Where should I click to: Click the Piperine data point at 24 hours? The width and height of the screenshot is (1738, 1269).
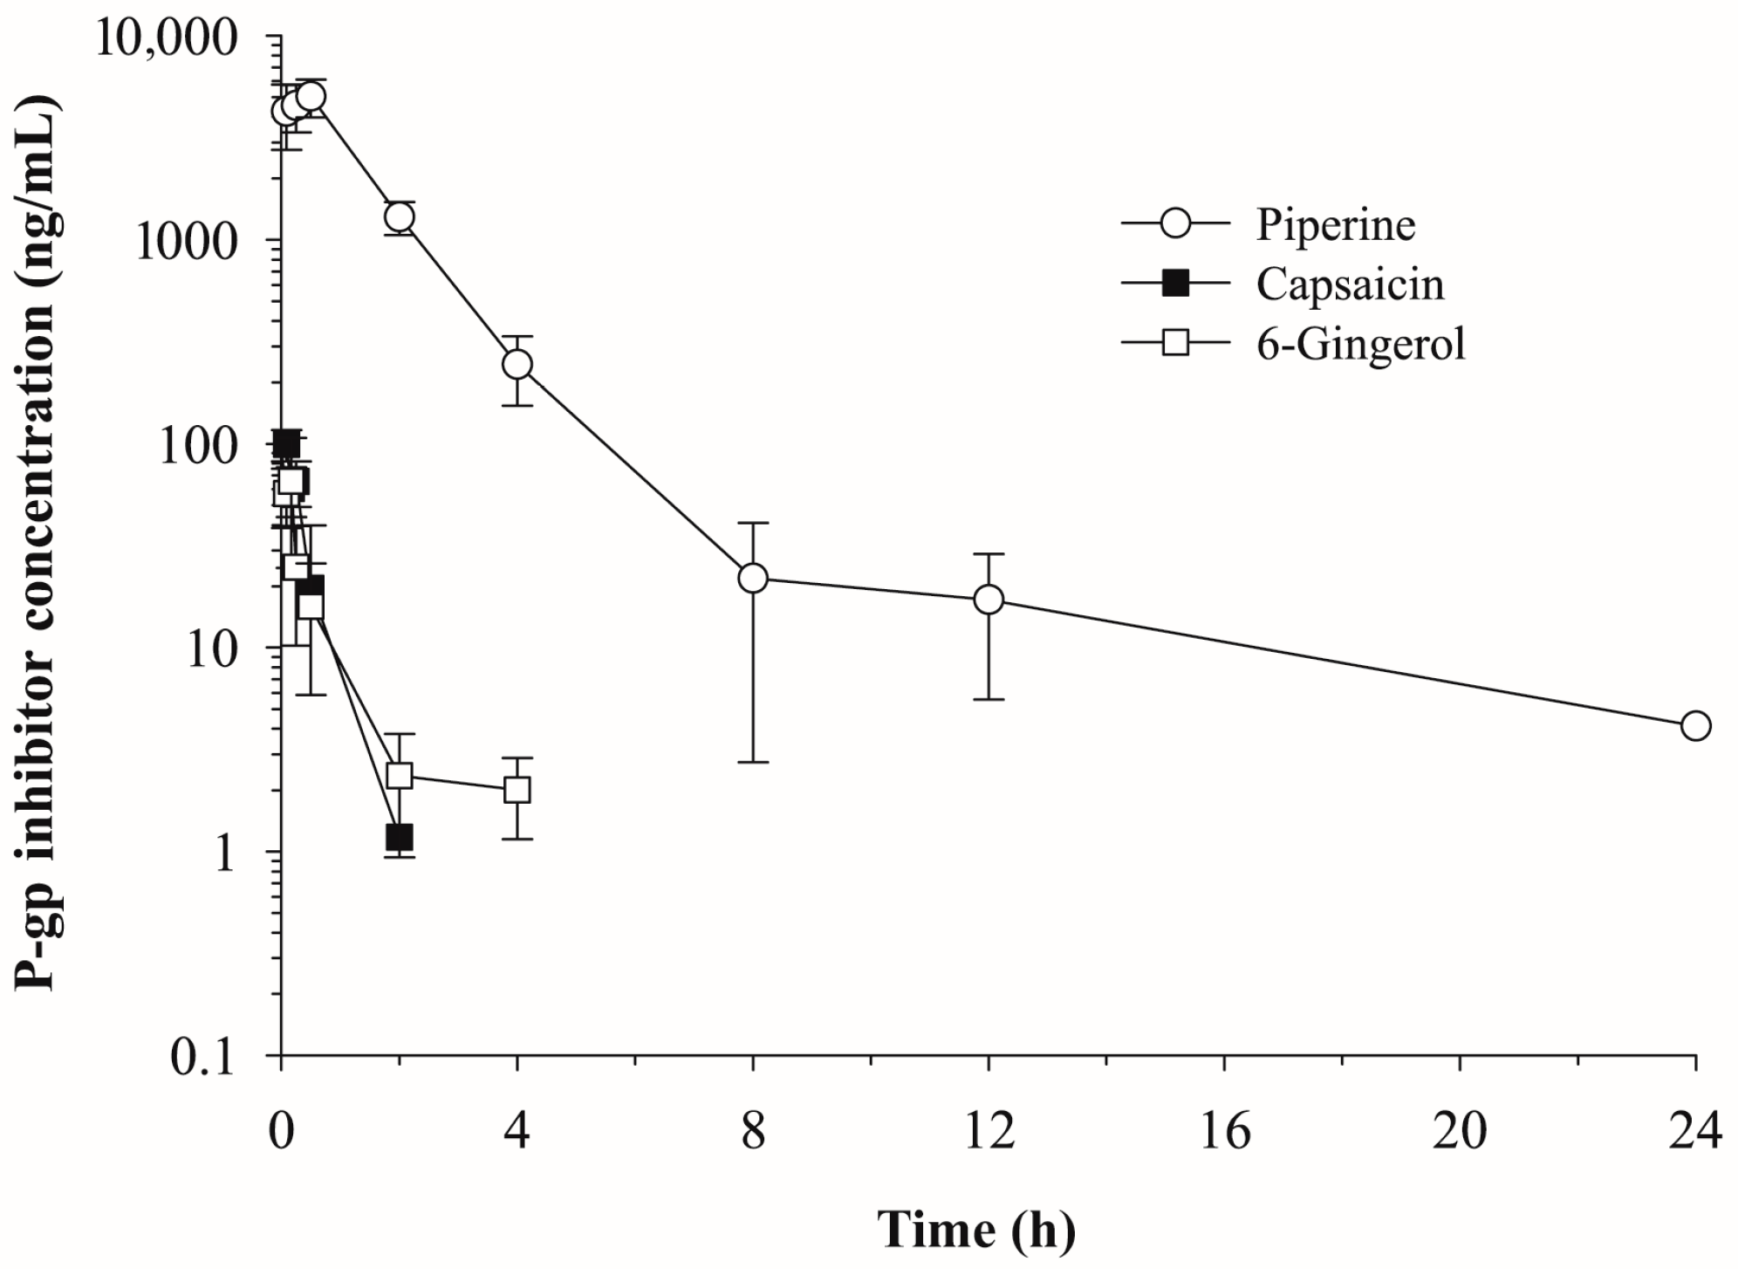click(1695, 725)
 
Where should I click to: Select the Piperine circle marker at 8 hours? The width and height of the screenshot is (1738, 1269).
click(753, 578)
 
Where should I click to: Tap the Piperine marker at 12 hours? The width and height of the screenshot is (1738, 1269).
click(989, 600)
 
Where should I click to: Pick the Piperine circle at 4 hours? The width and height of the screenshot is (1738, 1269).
click(517, 364)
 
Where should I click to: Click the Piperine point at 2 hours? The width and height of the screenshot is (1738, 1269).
click(400, 216)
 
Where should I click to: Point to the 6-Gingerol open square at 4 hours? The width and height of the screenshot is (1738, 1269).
click(517, 790)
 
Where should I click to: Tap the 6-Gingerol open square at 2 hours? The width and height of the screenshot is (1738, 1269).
click(399, 775)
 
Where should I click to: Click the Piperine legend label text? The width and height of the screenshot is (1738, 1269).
click(1335, 225)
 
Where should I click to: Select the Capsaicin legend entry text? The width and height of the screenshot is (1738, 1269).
click(1350, 285)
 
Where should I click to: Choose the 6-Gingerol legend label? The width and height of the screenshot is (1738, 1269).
click(1360, 344)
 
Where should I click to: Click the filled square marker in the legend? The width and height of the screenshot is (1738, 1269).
click(1176, 285)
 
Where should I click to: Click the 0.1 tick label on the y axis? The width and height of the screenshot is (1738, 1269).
click(203, 1058)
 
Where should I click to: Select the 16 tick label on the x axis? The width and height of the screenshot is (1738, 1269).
click(1224, 1131)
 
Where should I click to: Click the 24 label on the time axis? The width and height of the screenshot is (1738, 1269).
click(1695, 1131)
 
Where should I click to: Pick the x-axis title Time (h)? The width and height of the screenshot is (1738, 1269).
click(975, 1230)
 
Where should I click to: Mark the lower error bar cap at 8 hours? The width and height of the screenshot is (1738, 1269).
click(753, 762)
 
